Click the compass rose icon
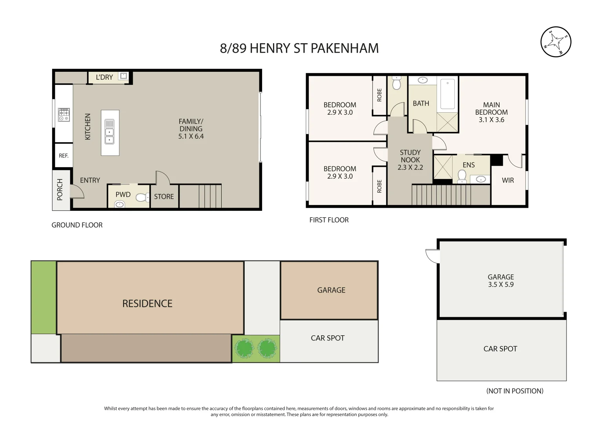point(555,42)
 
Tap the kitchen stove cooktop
point(64,115)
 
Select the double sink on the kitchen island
point(109,132)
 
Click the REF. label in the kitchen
point(64,156)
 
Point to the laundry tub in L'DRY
point(124,76)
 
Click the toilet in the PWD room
point(142,197)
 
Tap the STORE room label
point(164,197)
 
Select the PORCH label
point(60,189)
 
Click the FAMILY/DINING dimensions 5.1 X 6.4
point(191,137)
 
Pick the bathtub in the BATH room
point(448,94)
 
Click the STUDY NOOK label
point(410,156)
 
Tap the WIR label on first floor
point(508,181)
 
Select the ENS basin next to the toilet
point(481,179)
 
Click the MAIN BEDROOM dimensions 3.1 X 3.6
point(491,120)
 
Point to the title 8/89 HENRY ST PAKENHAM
point(299,48)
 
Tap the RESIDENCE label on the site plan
point(147,303)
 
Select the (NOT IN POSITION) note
point(515,391)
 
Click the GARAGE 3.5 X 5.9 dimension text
point(501,285)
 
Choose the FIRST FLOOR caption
point(329,220)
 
